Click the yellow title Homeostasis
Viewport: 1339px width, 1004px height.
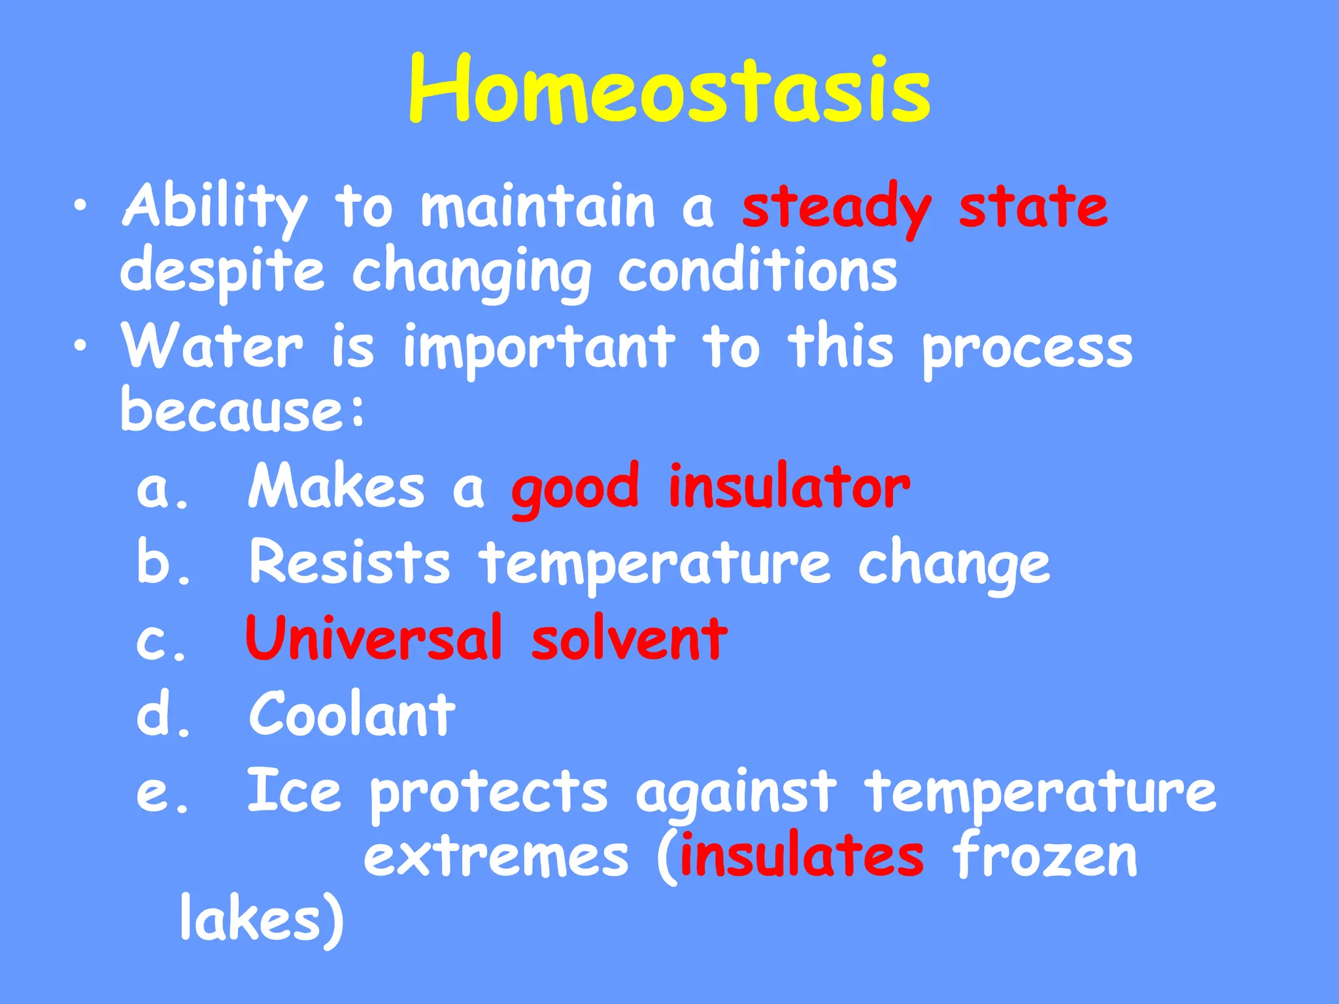point(669,90)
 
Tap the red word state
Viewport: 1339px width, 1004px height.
point(1033,207)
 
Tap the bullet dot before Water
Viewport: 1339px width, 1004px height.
point(80,346)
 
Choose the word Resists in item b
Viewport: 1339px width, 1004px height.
point(350,562)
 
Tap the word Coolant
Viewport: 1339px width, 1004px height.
point(352,714)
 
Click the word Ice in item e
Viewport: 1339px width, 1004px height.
point(294,792)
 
